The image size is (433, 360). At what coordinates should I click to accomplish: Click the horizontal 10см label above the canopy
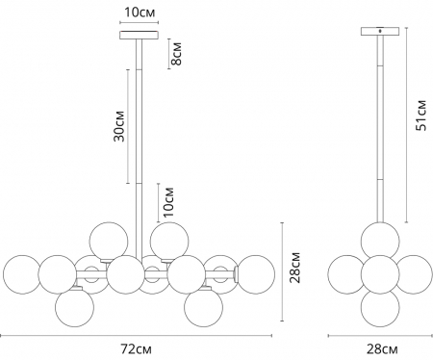[140, 12]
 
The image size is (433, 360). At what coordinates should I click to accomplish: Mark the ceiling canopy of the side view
[379, 32]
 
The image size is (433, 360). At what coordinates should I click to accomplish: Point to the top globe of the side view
[379, 238]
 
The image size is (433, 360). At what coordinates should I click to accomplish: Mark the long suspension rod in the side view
[379, 125]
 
